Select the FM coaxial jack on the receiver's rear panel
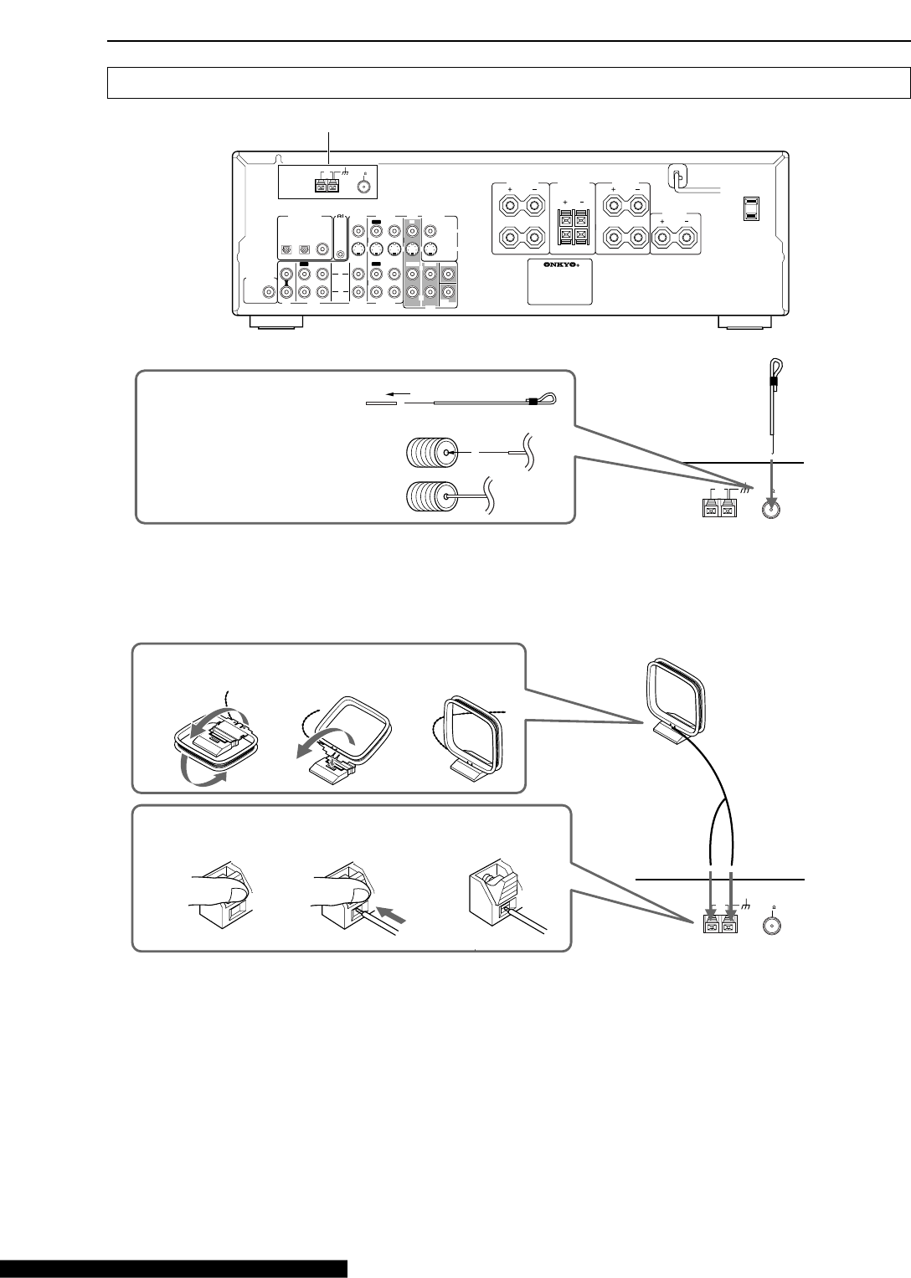[363, 185]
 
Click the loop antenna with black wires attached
[675, 695]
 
